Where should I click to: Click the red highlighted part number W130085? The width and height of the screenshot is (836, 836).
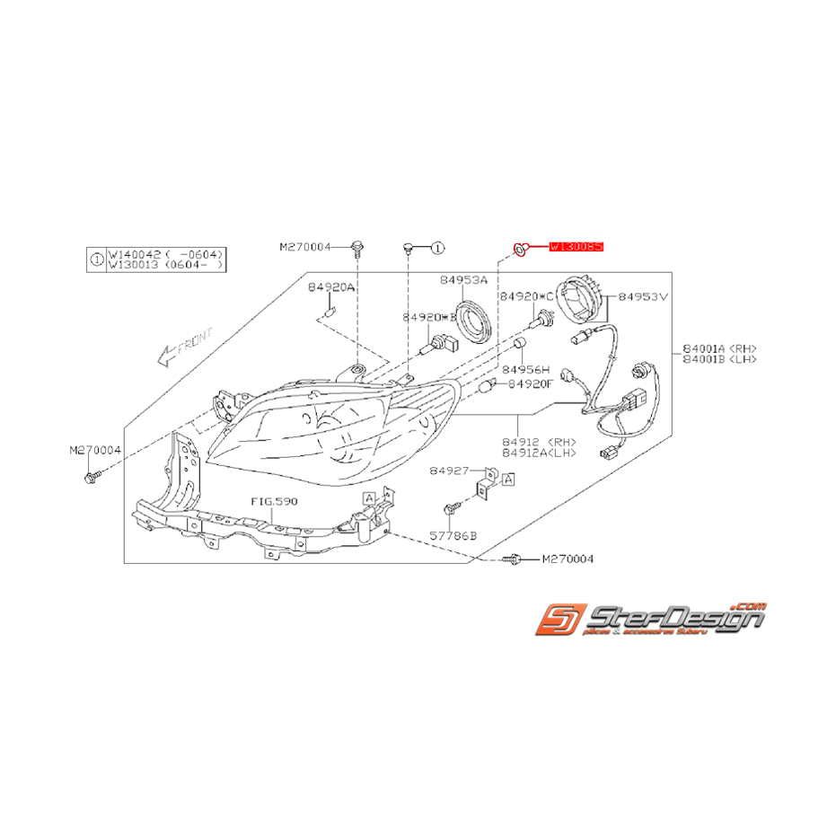click(576, 245)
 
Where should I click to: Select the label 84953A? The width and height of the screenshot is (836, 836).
click(463, 280)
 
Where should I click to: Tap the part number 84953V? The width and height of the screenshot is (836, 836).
click(643, 295)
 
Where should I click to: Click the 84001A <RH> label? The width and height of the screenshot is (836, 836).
click(719, 348)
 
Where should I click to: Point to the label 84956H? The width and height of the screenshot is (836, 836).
click(525, 368)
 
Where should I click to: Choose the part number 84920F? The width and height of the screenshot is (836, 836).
click(531, 383)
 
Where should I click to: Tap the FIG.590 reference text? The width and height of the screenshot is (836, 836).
click(274, 501)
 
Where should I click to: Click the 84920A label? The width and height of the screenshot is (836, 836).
click(330, 287)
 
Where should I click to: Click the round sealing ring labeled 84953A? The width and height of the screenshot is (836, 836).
click(473, 322)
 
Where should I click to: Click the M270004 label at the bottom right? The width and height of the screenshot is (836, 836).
click(568, 559)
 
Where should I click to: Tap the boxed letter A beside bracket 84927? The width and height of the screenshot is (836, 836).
click(508, 480)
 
